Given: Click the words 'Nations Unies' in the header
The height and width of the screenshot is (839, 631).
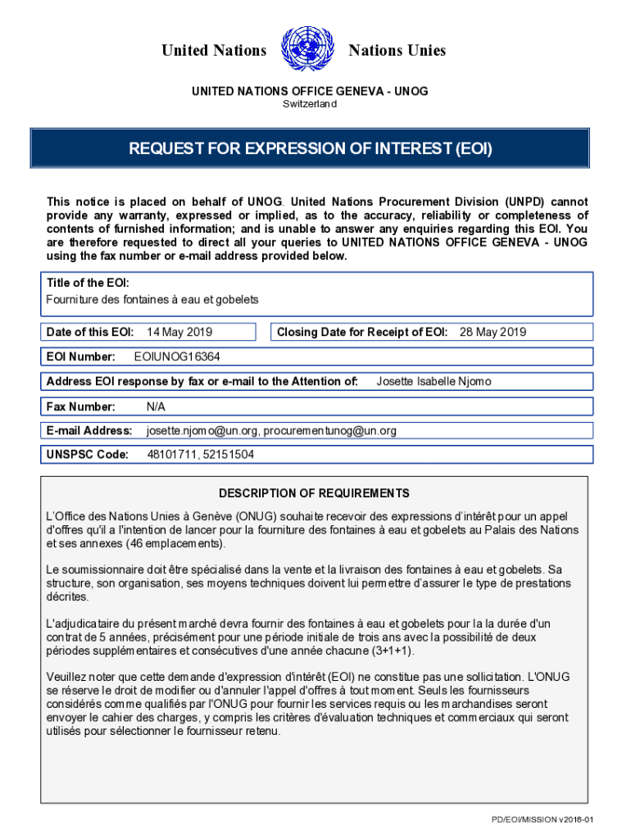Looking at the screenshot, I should tap(397, 51).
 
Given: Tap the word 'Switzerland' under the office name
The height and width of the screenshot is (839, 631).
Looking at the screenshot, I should tap(310, 104).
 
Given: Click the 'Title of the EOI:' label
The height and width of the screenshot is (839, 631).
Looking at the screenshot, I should tap(88, 283).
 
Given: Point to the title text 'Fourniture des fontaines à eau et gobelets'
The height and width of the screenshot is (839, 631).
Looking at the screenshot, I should tap(152, 300).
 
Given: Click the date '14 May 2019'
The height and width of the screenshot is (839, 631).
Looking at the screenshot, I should tap(179, 332).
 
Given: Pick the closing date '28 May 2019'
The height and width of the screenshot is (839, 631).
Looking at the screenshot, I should tap(493, 332).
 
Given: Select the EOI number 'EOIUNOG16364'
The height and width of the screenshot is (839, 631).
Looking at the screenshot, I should tap(177, 357).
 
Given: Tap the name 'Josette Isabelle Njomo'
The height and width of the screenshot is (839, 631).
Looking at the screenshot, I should tap(434, 381).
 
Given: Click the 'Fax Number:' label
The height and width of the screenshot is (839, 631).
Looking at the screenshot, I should tap(81, 406).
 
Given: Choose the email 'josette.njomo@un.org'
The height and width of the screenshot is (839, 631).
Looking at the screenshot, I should tap(202, 430).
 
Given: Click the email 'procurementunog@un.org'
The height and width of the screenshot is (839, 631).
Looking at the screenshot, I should tap(330, 430).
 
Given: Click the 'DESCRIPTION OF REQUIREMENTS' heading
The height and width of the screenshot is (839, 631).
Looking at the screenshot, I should tap(314, 493).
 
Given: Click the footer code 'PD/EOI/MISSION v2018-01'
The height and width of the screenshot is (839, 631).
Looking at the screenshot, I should tap(542, 820).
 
